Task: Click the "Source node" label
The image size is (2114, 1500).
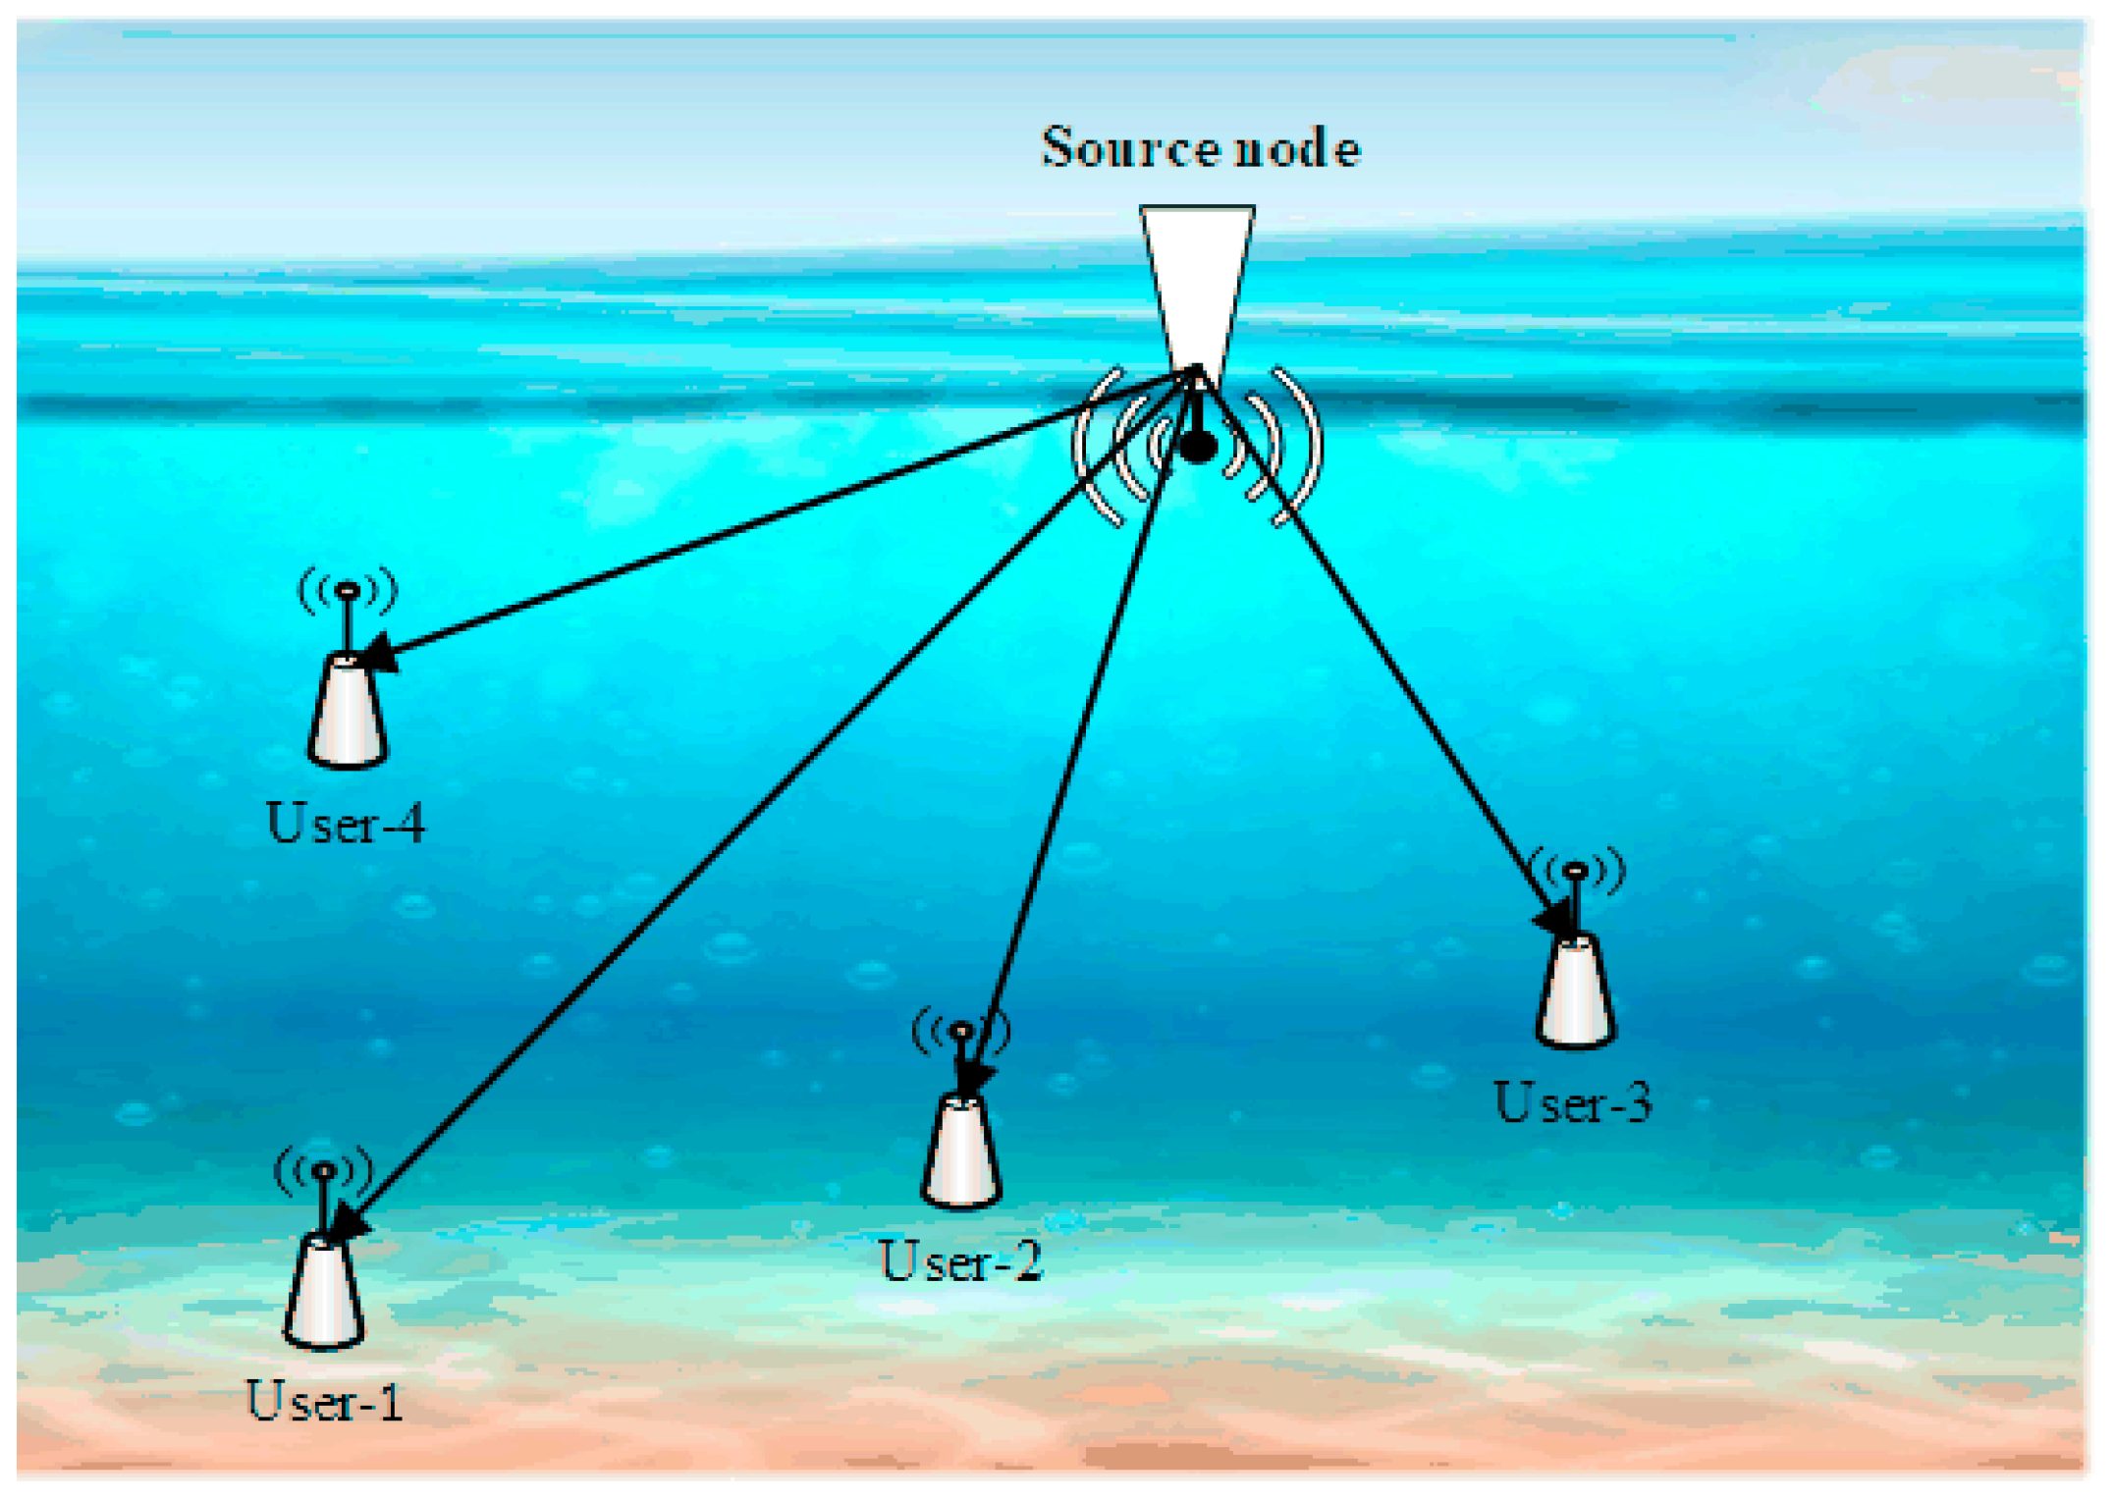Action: pyautogui.click(x=1200, y=148)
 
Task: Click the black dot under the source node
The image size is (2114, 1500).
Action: pyautogui.click(x=1198, y=448)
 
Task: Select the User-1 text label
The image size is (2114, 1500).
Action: pyautogui.click(x=324, y=1401)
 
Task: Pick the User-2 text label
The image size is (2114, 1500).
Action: pyautogui.click(x=960, y=1260)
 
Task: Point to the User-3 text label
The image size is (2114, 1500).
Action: pyautogui.click(x=1573, y=1101)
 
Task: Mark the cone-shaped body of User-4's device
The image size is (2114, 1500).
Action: pyautogui.click(x=347, y=711)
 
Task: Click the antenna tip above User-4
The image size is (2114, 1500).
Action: pyautogui.click(x=348, y=590)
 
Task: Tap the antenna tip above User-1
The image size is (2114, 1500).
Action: pyautogui.click(x=324, y=1169)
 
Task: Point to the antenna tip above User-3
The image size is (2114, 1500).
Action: pyautogui.click(x=1575, y=870)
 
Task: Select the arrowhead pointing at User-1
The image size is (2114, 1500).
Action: pyautogui.click(x=349, y=1224)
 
